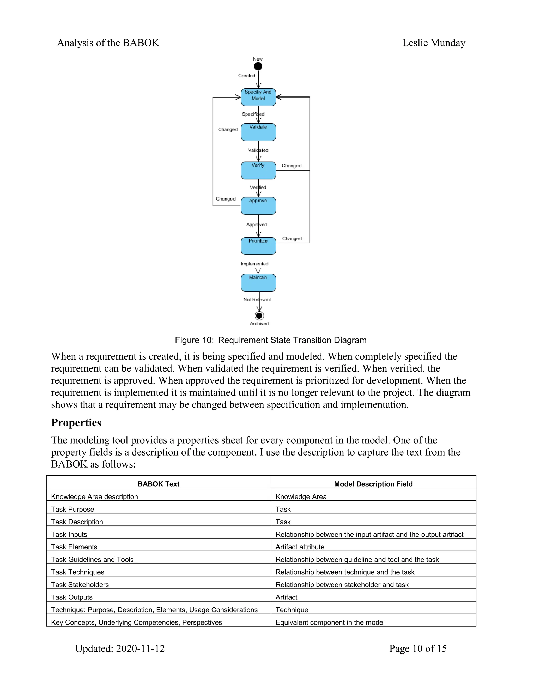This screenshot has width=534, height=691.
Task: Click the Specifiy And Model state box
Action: point(258,97)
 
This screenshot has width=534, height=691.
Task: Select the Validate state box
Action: point(258,132)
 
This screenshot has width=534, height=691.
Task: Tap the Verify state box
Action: point(258,171)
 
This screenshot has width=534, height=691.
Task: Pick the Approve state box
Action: point(258,206)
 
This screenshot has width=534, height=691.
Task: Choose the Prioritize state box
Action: point(258,246)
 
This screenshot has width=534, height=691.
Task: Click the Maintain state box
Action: point(258,283)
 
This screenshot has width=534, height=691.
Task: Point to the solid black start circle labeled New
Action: point(258,66)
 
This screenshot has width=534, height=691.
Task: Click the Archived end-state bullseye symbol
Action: point(259,316)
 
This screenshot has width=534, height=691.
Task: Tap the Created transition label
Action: point(246,76)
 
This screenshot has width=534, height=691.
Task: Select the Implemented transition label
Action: point(254,264)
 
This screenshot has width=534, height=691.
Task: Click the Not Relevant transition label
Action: point(257,300)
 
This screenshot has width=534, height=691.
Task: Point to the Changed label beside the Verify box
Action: point(291,166)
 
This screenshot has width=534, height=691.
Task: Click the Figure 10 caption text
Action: point(270,340)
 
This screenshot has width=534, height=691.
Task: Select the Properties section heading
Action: point(76,423)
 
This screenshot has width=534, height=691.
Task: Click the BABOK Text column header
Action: point(159,484)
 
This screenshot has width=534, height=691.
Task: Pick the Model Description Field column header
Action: point(373,484)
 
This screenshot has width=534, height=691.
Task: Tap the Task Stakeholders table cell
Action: point(80,585)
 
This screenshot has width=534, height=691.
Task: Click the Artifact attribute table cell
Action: point(300,547)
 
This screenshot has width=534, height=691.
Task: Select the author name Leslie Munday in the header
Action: point(434,43)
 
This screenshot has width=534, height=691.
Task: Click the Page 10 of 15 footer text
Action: point(418,648)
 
